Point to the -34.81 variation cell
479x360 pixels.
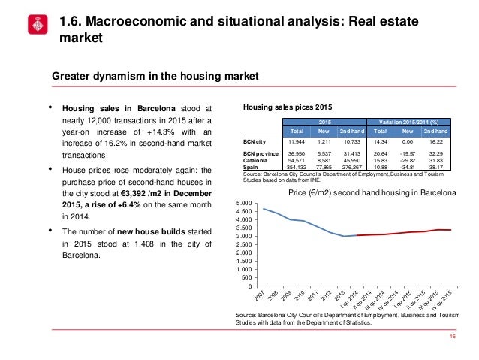click(408, 167)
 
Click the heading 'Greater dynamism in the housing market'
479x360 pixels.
click(154, 76)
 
